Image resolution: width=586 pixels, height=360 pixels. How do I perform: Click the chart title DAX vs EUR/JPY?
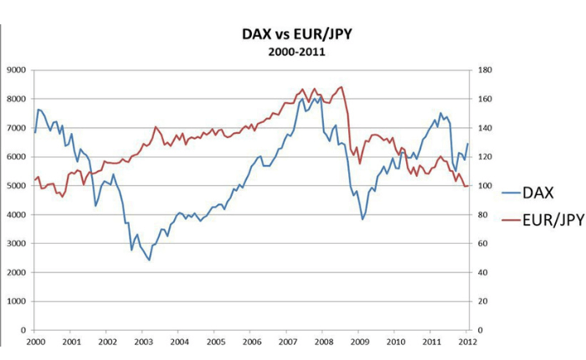pos(296,34)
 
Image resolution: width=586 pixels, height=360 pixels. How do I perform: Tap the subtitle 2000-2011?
pos(296,51)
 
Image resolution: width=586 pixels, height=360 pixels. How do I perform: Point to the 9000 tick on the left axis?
pos(17,69)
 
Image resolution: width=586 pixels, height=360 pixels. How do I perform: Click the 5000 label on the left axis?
pos(17,185)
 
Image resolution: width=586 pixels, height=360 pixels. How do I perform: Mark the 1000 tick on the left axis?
pos(17,301)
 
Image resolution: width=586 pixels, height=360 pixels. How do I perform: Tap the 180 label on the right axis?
pos(481,69)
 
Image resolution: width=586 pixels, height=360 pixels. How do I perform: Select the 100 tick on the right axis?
pos(481,185)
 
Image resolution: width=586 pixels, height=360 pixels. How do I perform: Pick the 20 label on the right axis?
pos(479,301)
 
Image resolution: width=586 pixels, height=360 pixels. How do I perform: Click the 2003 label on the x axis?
pos(143,342)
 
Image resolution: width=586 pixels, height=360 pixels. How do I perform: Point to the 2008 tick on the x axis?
pos(324,342)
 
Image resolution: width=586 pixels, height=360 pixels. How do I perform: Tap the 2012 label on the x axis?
pos(469,342)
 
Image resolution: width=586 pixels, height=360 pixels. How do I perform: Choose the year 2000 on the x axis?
pos(35,342)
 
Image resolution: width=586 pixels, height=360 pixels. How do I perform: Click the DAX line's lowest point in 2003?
pos(150,260)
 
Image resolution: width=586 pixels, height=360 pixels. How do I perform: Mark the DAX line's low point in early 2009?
pos(362,219)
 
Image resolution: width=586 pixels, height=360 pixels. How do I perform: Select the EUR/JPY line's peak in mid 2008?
pos(341,86)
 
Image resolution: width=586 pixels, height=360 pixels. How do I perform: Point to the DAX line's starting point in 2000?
pos(35,132)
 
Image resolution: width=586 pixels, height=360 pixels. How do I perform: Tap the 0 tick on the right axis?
pos(476,330)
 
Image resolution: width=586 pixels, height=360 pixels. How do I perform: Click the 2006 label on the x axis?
pos(252,342)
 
